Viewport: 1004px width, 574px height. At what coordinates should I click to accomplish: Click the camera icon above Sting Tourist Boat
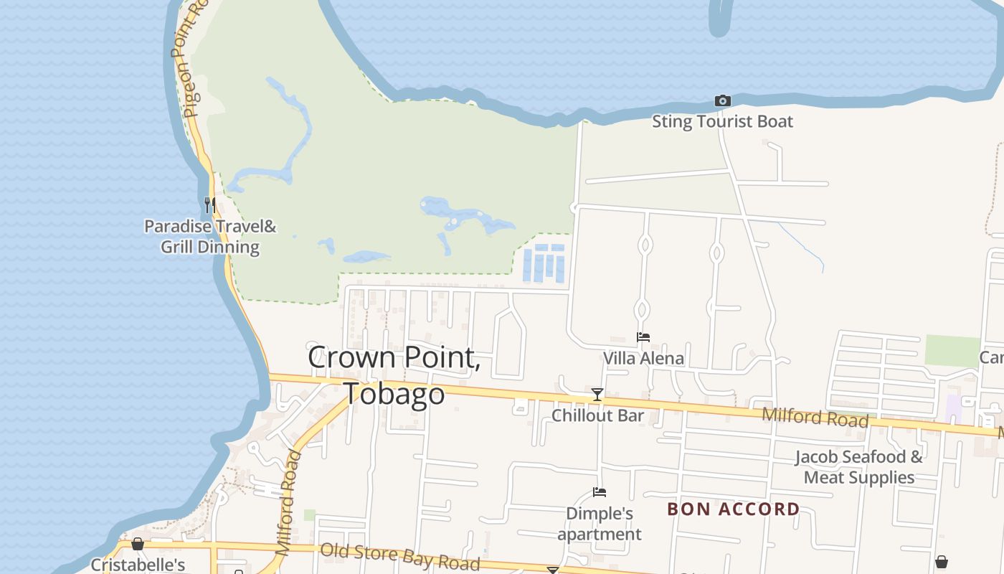722,101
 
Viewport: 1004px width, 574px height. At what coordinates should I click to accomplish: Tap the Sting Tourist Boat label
722,121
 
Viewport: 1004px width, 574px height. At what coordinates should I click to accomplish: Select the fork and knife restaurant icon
209,205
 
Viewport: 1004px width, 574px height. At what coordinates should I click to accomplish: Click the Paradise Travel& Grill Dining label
210,237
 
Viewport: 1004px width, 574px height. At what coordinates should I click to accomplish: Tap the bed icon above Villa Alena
643,337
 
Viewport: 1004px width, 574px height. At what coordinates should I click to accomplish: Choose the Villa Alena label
643,358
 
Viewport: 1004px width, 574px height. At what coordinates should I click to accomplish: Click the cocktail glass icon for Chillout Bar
597,395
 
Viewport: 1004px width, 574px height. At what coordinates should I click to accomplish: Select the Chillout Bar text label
597,415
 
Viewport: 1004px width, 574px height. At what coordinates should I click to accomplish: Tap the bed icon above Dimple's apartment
600,492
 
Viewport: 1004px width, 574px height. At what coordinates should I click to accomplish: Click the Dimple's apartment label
600,524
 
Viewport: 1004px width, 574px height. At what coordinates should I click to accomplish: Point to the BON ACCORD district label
733,509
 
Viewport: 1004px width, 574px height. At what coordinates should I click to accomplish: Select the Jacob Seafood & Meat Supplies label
859,467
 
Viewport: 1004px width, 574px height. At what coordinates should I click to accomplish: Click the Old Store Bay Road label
400,557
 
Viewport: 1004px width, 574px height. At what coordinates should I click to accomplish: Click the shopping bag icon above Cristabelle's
137,544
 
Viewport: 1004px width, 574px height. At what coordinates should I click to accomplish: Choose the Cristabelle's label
138,565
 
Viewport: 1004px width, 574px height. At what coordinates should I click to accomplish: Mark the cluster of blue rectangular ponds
544,263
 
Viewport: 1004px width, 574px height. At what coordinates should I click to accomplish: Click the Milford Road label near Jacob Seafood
815,417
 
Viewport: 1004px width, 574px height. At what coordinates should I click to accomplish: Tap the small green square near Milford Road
309,515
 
